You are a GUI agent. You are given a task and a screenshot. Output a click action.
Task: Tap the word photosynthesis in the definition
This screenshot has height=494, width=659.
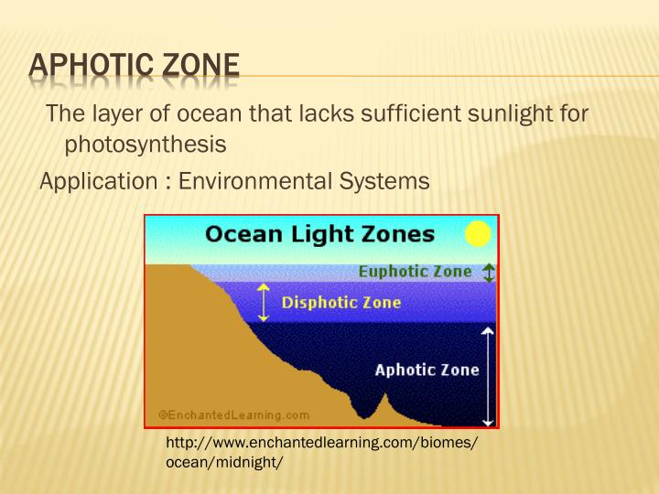(x=145, y=145)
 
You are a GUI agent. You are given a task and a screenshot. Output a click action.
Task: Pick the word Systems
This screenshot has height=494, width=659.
(x=389, y=181)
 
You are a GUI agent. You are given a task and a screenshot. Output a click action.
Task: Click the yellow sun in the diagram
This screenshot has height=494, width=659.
(x=478, y=235)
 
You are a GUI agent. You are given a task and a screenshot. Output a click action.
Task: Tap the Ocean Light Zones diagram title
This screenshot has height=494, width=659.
(x=319, y=234)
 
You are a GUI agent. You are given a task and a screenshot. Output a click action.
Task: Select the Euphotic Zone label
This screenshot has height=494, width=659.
(x=415, y=272)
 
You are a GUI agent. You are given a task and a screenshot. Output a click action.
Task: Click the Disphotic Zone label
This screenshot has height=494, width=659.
(x=340, y=302)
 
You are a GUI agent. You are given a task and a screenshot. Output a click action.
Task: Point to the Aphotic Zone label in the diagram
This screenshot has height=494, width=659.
(x=427, y=370)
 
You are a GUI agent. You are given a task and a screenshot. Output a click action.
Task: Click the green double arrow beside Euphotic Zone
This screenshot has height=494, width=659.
(x=489, y=273)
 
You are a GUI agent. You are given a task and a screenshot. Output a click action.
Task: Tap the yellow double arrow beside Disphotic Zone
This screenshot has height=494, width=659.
(x=264, y=302)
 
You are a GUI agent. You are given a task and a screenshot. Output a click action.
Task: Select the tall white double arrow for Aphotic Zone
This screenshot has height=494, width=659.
(x=489, y=375)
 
